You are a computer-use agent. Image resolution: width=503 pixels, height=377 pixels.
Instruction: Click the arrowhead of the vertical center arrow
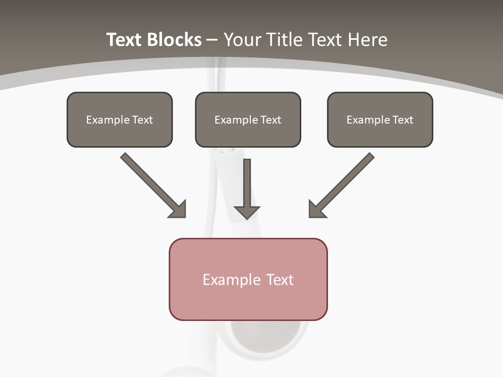click(247, 213)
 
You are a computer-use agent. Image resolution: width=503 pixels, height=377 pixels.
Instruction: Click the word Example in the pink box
click(232, 280)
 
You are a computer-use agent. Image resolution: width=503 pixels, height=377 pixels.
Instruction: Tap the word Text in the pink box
click(280, 280)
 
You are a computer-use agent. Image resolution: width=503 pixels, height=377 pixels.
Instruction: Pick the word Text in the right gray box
click(402, 120)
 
